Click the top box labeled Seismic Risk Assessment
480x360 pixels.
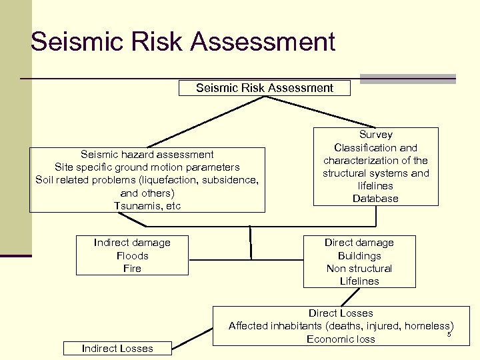pos(265,88)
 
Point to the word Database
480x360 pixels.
pos(375,199)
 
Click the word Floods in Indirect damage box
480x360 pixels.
pos(132,256)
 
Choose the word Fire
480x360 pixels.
pos(132,269)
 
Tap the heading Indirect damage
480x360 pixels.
pos(132,243)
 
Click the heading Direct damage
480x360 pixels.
pos(359,243)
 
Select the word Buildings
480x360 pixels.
pos(359,256)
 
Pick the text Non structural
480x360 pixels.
pos(359,269)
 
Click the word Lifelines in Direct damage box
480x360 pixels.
pos(359,281)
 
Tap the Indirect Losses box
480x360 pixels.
pos(117,348)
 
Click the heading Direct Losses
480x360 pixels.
pos(341,313)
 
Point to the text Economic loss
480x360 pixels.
pos(341,339)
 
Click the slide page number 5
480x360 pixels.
pos(449,334)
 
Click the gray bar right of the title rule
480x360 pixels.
pos(407,79)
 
